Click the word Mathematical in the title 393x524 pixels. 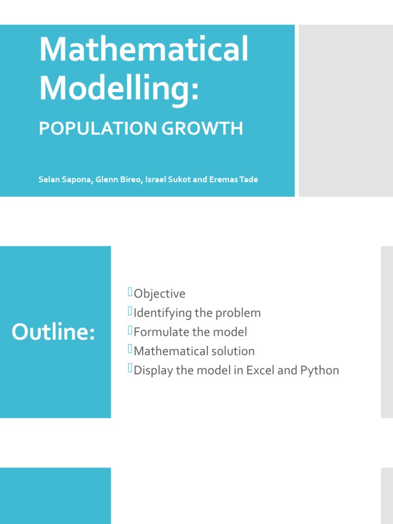click(144, 50)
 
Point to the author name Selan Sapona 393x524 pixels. click(65, 180)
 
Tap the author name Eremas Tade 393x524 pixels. click(233, 180)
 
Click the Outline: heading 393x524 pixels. click(53, 332)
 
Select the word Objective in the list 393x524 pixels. click(160, 294)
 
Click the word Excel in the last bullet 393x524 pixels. click(261, 370)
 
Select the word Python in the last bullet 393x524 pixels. click(319, 370)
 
